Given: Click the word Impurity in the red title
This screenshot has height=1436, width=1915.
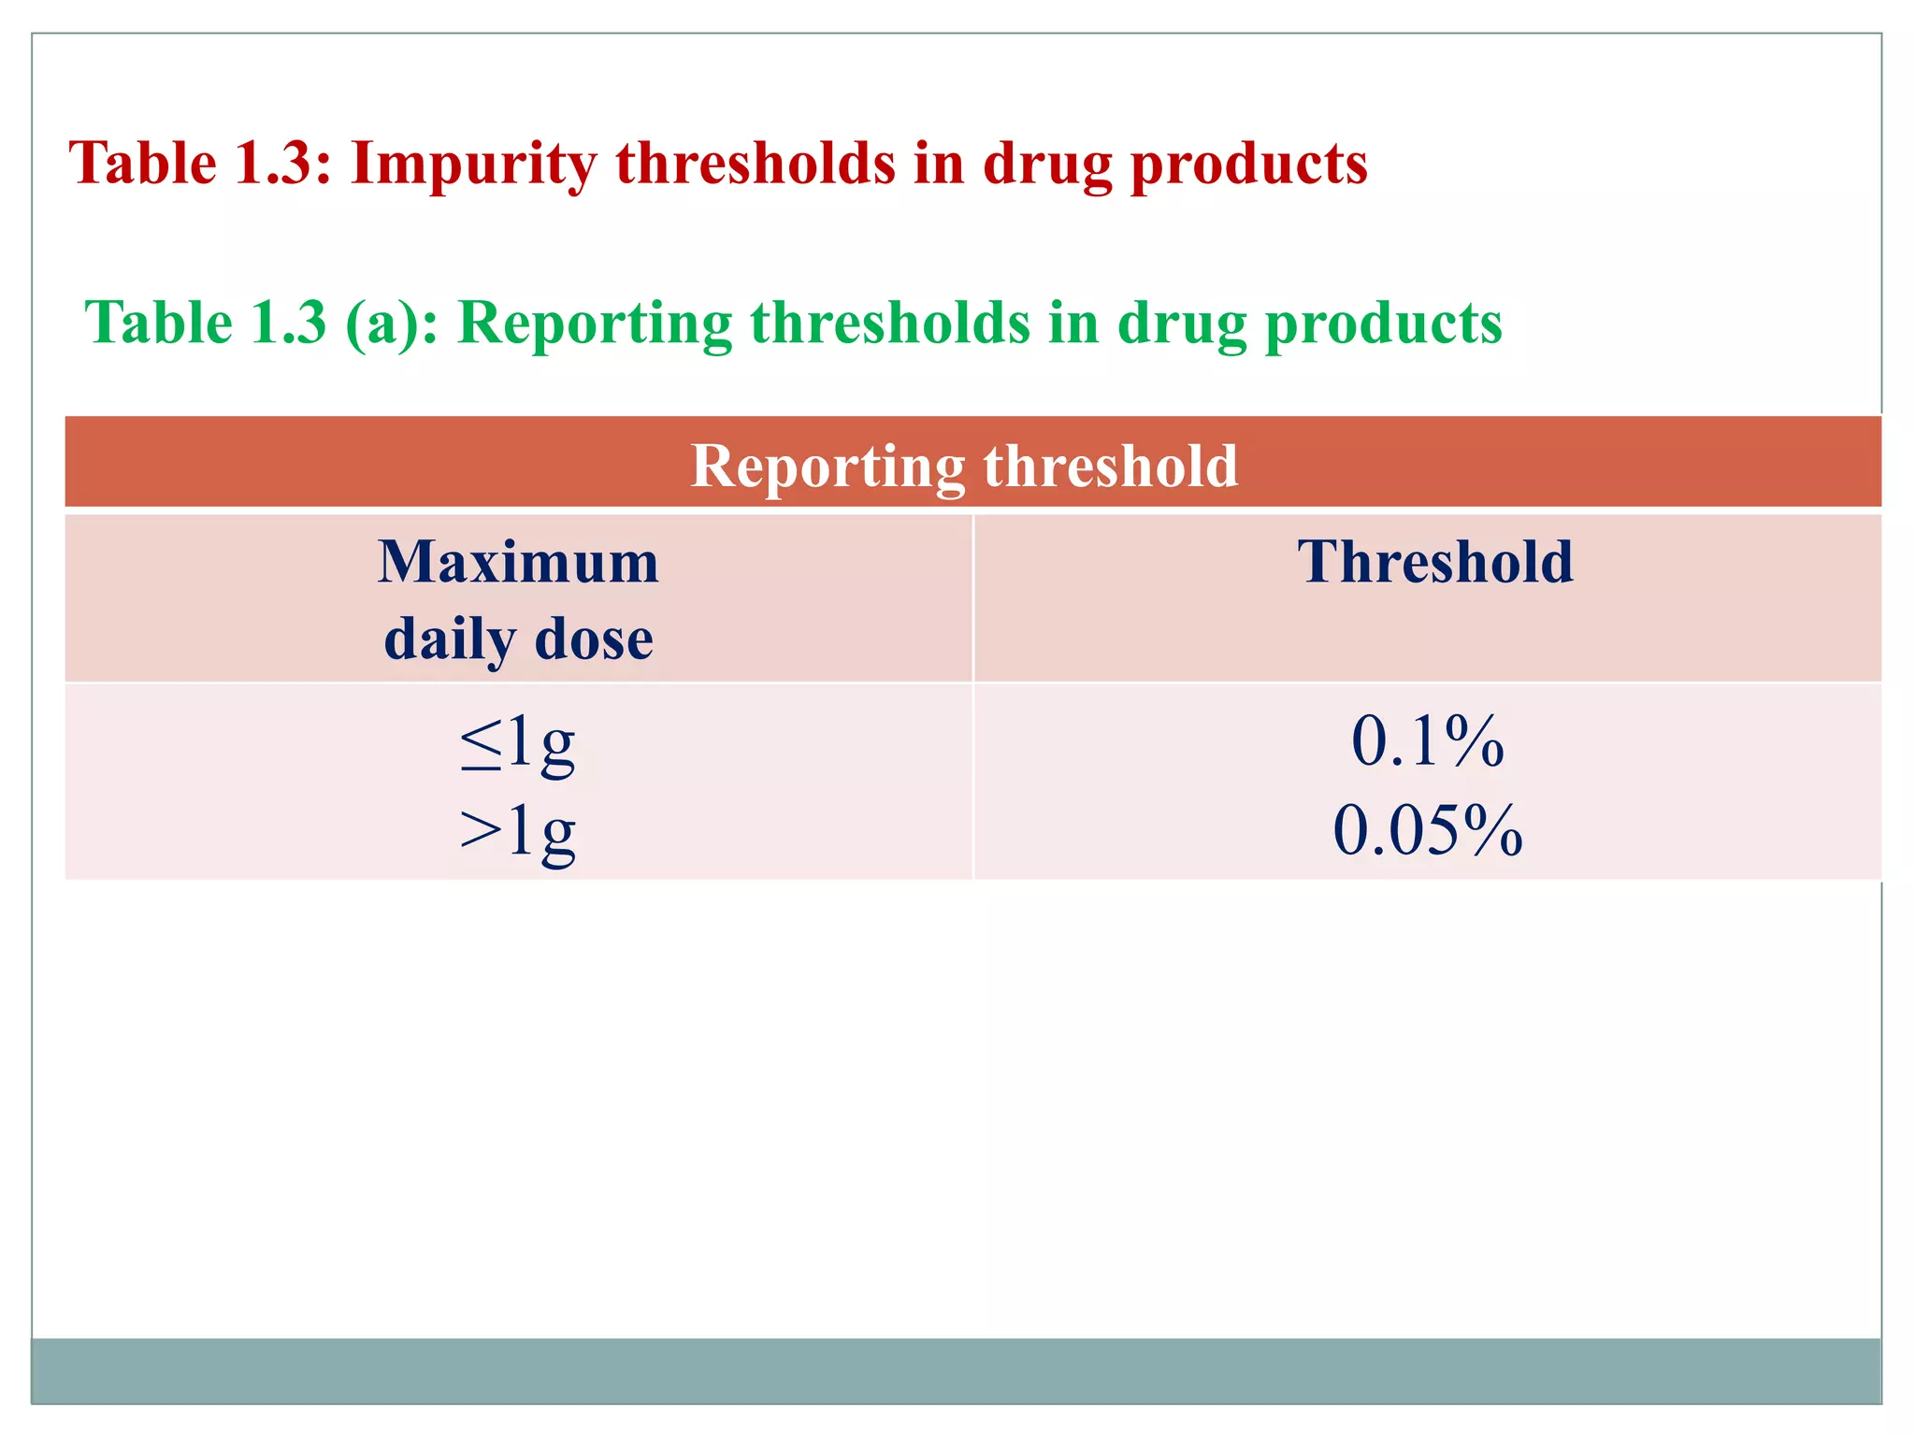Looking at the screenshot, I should pyautogui.click(x=472, y=164).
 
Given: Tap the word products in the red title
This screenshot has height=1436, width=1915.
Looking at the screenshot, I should pyautogui.click(x=1249, y=164).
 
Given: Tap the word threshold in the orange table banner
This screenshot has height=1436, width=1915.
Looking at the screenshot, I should pyautogui.click(x=1110, y=466).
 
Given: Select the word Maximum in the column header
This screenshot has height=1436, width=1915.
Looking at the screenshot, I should pyautogui.click(x=519, y=563).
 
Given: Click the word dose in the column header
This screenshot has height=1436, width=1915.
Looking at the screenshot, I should pyautogui.click(x=594, y=639).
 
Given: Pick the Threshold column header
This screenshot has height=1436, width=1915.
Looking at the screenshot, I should pyautogui.click(x=1435, y=563).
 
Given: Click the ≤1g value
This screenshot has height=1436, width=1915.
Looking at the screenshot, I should pyautogui.click(x=518, y=742).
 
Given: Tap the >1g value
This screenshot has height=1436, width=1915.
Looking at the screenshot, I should pyautogui.click(x=518, y=830).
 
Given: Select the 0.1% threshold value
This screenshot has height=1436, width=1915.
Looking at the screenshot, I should pyautogui.click(x=1428, y=741).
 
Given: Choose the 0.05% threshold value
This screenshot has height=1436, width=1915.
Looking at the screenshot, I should pyautogui.click(x=1428, y=830).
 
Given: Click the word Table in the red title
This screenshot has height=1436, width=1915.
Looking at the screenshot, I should pyautogui.click(x=143, y=164).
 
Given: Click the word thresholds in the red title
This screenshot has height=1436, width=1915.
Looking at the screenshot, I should pyautogui.click(x=756, y=164).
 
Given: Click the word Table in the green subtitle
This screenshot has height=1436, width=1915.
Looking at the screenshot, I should pyautogui.click(x=159, y=323).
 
